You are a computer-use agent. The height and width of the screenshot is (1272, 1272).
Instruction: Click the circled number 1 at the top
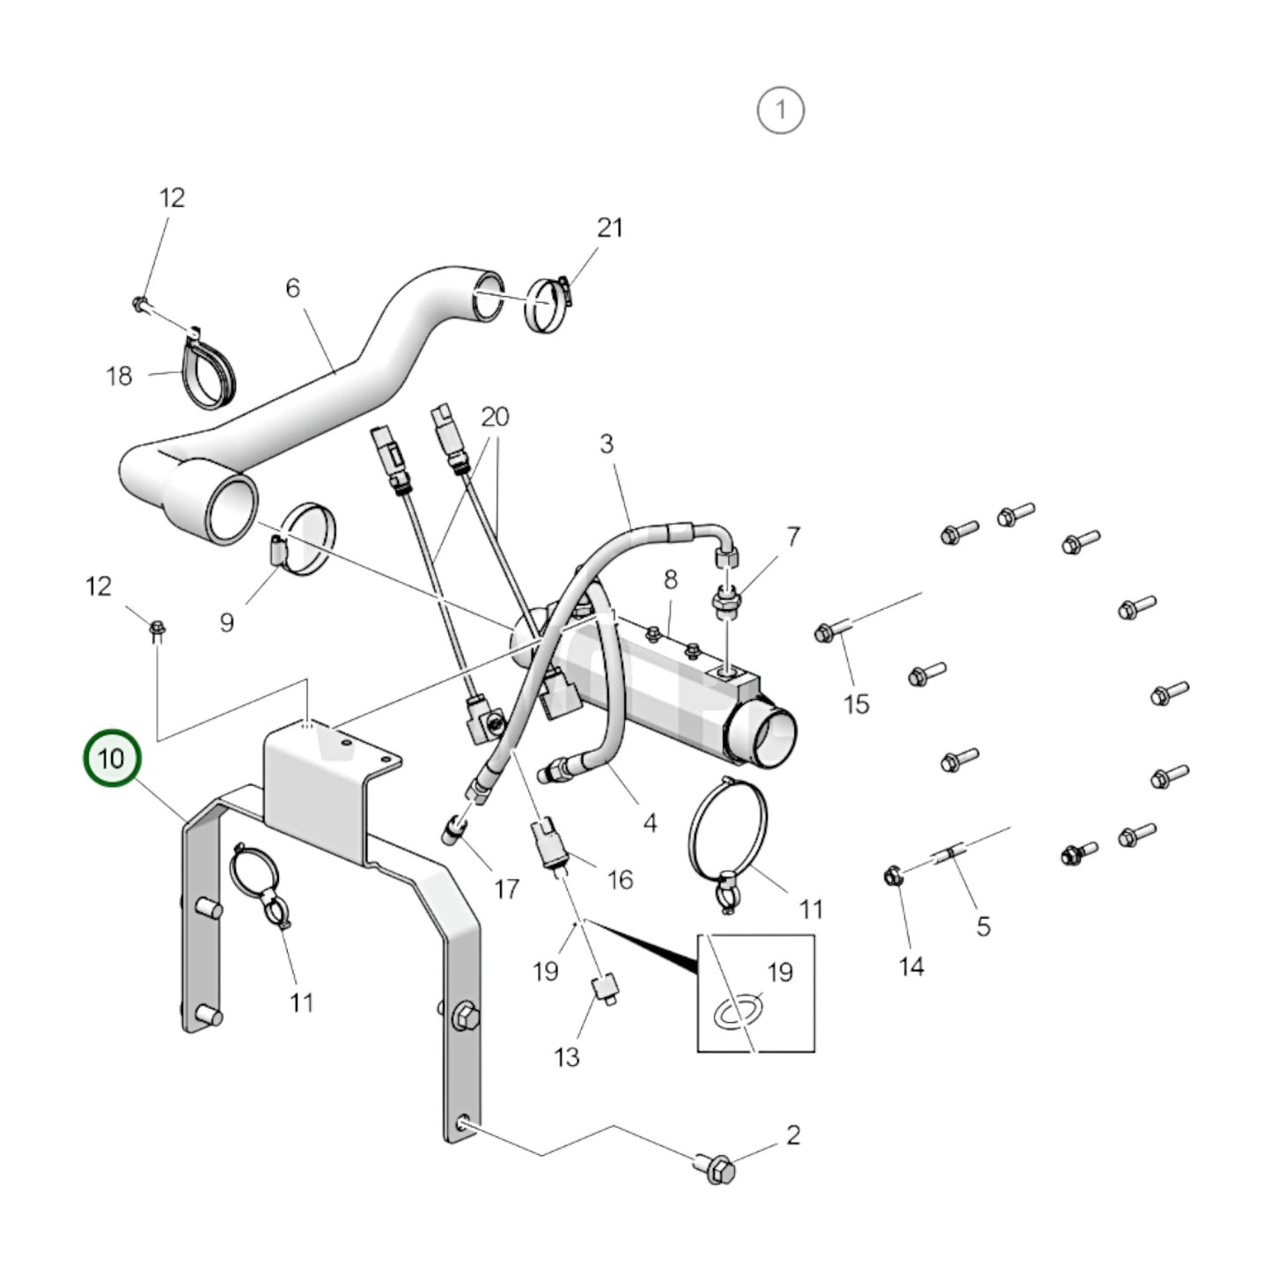click(x=780, y=111)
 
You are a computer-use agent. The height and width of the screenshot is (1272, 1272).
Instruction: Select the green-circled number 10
click(x=112, y=757)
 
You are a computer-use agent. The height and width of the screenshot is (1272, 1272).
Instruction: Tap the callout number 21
click(x=609, y=228)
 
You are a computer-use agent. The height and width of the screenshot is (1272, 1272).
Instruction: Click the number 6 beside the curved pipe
click(x=292, y=288)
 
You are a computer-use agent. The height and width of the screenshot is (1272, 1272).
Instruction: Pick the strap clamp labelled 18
click(x=211, y=373)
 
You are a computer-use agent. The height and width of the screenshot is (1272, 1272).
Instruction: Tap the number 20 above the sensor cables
click(x=495, y=416)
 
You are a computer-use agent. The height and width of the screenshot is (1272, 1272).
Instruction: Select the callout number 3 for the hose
click(x=607, y=444)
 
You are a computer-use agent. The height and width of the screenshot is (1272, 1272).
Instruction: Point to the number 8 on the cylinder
click(x=671, y=579)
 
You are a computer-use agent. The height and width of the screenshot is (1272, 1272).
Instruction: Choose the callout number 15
click(x=856, y=704)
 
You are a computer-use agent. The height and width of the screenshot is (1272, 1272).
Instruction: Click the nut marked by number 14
click(x=893, y=877)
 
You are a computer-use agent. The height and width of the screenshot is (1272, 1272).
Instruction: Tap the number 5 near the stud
click(x=983, y=925)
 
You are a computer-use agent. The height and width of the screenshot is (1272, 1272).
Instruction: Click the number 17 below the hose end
click(x=506, y=889)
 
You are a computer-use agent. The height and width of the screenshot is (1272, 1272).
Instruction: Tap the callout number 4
click(x=650, y=823)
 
